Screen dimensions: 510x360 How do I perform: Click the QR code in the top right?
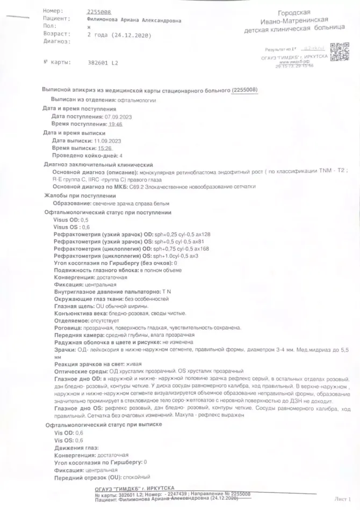(338, 54)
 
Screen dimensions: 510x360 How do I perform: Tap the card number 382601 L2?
(102, 62)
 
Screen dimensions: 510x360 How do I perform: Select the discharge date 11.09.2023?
(106, 141)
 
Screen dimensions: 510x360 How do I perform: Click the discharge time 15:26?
(104, 148)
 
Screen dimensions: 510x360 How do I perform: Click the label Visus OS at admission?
(66, 228)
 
